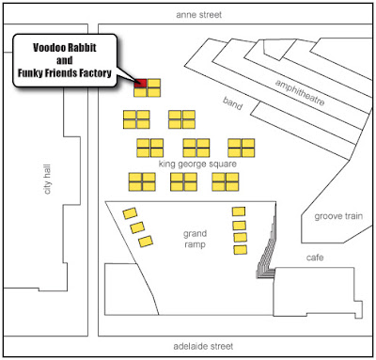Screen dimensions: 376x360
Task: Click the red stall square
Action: pos(140,83)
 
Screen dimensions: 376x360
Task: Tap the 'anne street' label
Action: pos(199,15)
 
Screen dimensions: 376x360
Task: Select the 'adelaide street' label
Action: pos(203,346)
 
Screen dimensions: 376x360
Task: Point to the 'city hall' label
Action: pos(47,180)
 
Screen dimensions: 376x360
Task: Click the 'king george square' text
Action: pos(197,164)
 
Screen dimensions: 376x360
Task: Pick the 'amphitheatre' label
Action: pos(300,92)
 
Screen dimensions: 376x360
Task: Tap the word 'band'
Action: pos(232,103)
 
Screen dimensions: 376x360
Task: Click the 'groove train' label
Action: pos(338,216)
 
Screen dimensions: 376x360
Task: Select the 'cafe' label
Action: pos(315,258)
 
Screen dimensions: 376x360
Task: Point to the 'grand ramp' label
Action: pos(195,239)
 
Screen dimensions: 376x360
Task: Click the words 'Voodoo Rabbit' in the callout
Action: pos(65,48)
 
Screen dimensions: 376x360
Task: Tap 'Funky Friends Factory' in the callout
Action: pos(65,73)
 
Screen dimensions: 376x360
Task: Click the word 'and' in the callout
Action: pos(65,60)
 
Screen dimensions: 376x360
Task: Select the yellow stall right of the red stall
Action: pos(154,83)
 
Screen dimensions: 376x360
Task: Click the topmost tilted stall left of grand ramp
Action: pos(130,213)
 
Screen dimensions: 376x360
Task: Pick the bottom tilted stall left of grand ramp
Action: pos(146,242)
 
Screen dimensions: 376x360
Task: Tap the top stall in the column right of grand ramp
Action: pos(239,211)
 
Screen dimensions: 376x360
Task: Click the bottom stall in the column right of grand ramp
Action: pos(241,250)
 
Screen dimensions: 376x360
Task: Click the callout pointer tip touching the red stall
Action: pos(136,82)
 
